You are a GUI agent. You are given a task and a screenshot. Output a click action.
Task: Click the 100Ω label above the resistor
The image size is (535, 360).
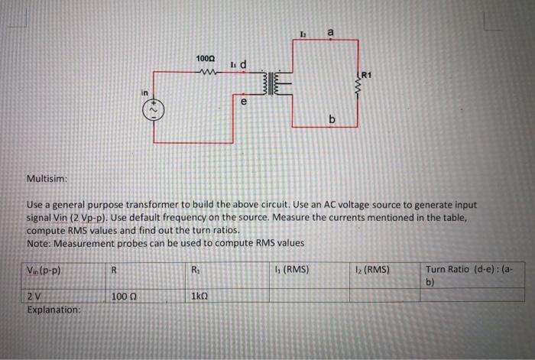[x=206, y=59]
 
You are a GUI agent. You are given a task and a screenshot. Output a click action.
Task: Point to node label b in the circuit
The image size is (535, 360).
[x=332, y=120]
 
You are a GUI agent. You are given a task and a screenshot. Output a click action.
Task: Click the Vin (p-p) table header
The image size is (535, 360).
[x=44, y=270]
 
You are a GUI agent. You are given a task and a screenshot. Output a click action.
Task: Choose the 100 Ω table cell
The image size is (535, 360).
[x=122, y=297]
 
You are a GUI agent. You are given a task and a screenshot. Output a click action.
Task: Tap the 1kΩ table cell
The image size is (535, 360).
[x=201, y=297]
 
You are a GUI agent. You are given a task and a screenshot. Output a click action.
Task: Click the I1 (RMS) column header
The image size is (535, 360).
[x=291, y=269]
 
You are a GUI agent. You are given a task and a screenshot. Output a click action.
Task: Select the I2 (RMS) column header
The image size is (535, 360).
[x=373, y=269]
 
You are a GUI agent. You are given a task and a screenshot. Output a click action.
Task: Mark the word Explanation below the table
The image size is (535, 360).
[x=53, y=310]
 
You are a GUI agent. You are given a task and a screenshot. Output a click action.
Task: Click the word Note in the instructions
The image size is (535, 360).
[x=38, y=242]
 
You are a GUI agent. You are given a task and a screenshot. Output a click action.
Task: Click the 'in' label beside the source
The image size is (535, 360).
[x=143, y=92]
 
